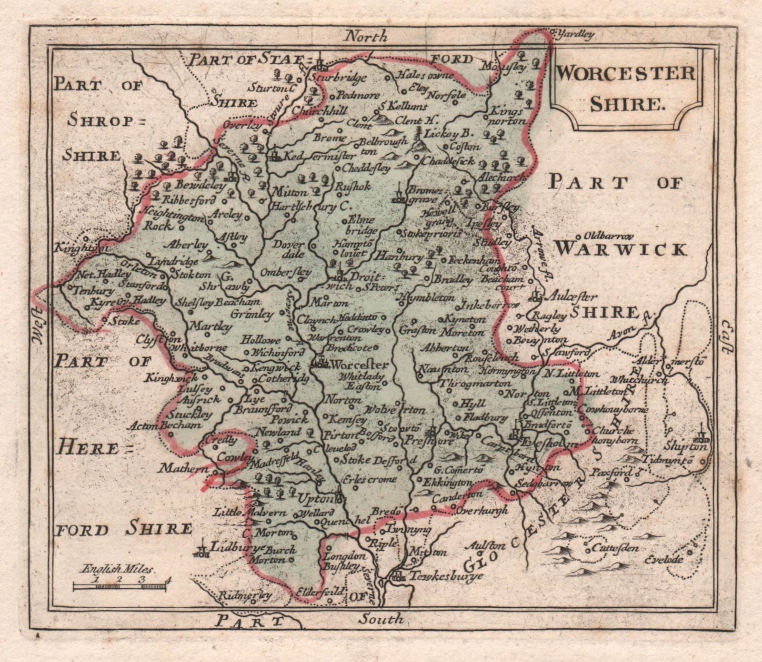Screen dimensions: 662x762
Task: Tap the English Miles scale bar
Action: (x=119, y=587)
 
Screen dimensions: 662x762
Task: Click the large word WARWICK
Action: (x=622, y=249)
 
